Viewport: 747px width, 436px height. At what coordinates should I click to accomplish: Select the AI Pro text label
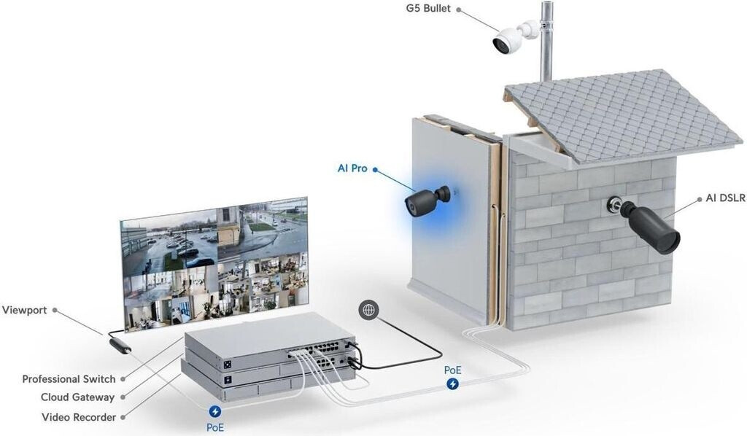(x=352, y=168)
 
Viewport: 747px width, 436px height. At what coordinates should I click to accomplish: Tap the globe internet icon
(x=368, y=310)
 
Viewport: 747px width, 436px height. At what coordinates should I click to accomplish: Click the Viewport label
(x=24, y=310)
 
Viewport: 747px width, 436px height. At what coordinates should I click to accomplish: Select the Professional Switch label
(x=69, y=379)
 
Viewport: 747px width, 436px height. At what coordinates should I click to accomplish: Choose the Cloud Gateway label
(x=77, y=397)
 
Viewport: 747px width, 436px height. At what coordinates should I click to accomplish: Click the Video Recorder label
(x=79, y=417)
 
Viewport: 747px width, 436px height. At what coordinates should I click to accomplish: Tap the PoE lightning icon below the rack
(x=214, y=412)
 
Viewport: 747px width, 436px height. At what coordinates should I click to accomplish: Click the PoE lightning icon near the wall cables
(x=453, y=384)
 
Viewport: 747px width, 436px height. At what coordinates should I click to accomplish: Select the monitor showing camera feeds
(x=214, y=262)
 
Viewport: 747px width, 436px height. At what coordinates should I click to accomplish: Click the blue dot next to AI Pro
(x=375, y=169)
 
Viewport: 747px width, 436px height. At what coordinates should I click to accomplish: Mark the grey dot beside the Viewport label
(x=55, y=311)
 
